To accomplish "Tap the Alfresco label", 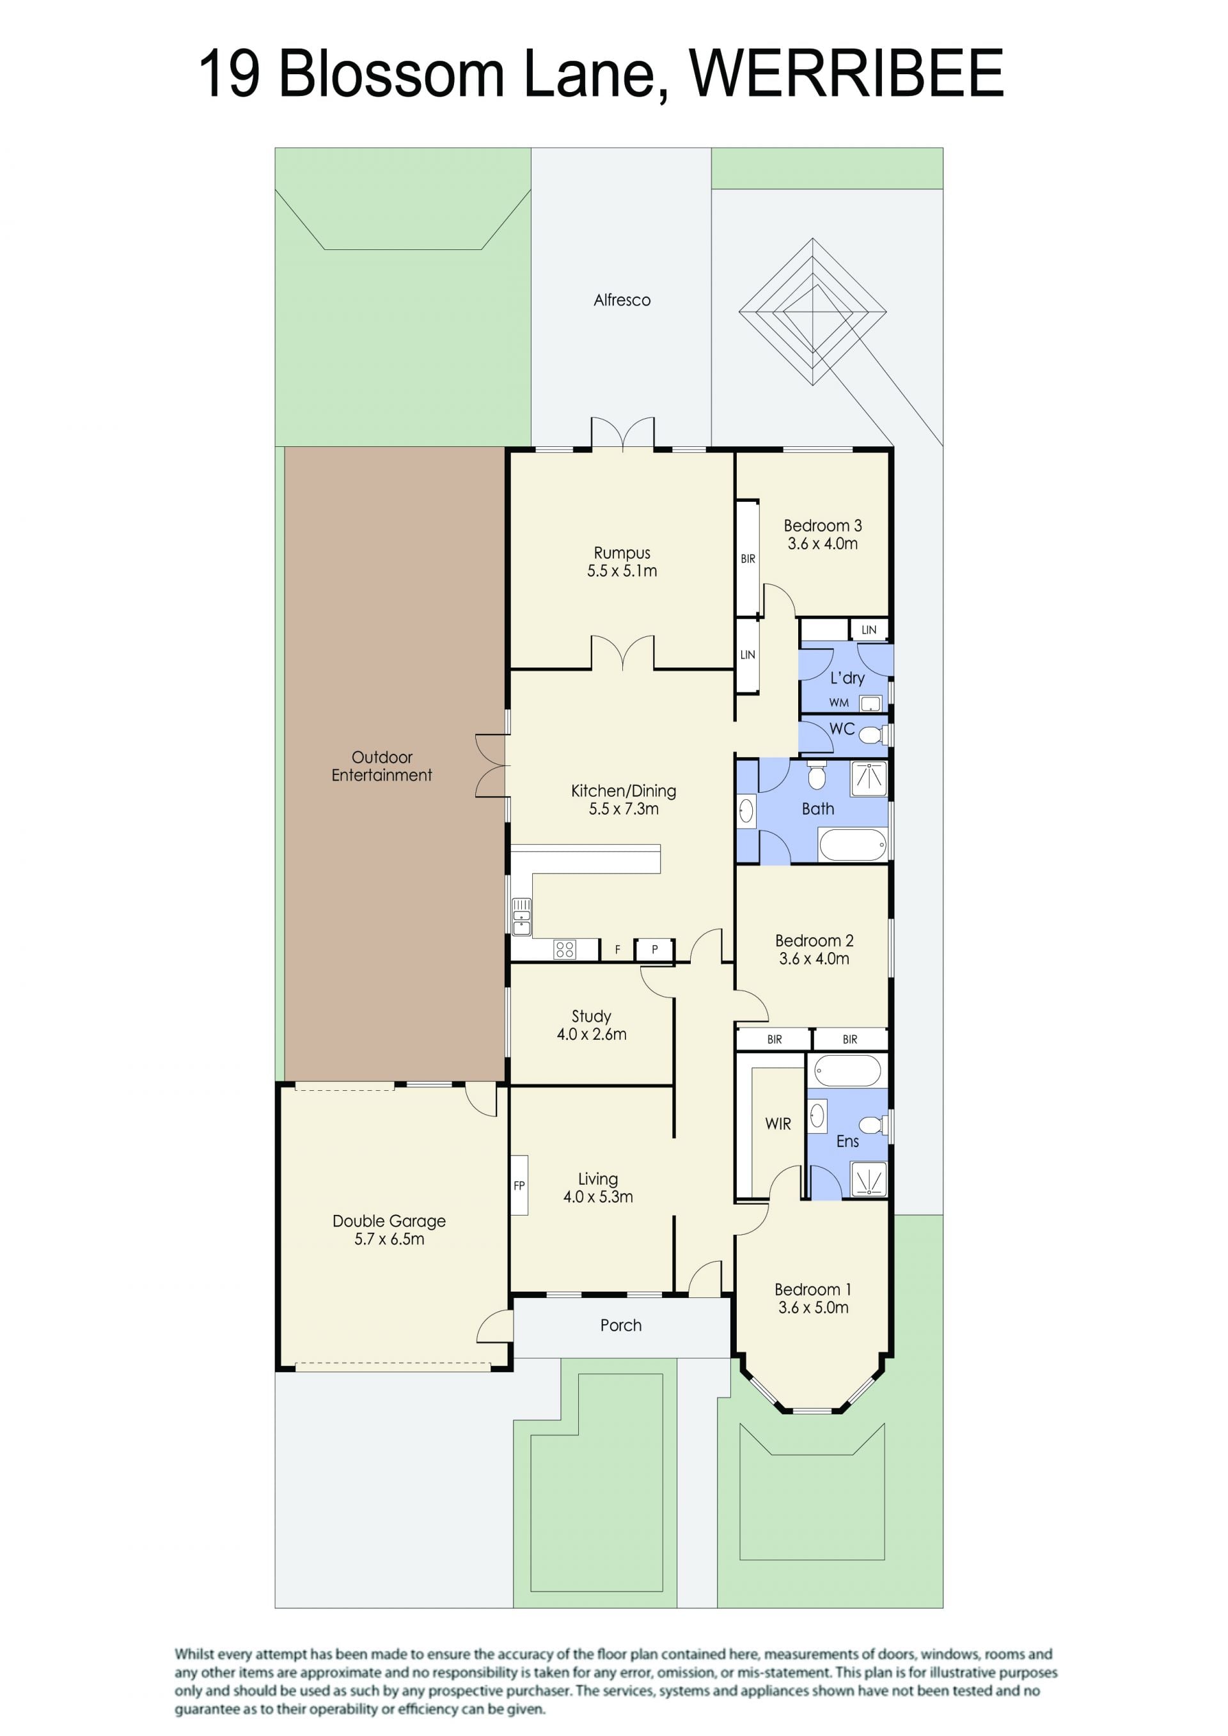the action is point(622,300).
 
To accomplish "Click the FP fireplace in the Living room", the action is point(519,1185).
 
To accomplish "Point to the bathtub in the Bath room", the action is point(852,845).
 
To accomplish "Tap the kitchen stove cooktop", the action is point(564,949).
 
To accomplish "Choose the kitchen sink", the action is point(522,916).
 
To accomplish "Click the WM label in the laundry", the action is point(838,703).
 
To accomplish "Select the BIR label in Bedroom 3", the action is point(748,559).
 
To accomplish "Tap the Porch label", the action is point(621,1325).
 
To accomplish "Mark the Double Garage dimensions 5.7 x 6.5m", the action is point(390,1239).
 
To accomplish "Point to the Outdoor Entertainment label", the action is point(382,766).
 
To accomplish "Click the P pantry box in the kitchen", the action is point(655,950).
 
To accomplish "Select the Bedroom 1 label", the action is point(813,1289).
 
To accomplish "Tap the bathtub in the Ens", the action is point(847,1070).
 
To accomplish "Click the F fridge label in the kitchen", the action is point(618,950).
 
